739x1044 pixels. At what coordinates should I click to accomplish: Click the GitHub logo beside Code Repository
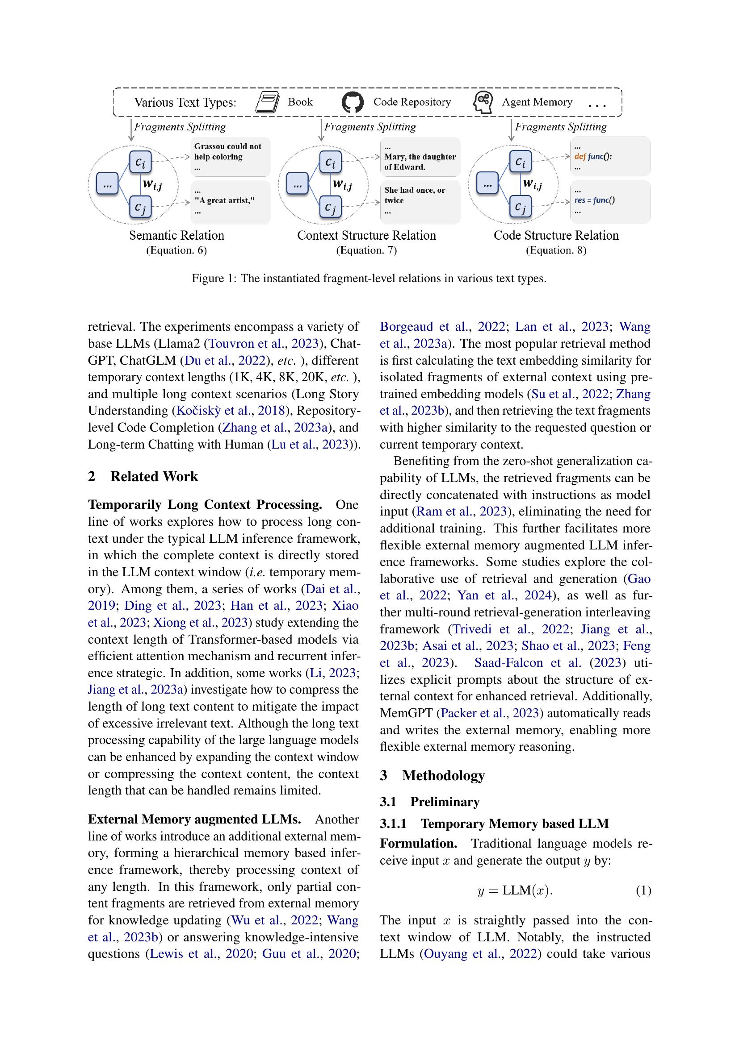click(x=352, y=102)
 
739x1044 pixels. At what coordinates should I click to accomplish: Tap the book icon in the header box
click(x=267, y=102)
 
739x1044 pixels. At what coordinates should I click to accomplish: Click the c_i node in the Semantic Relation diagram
click(x=141, y=162)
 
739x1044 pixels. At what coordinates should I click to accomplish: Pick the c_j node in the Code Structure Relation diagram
click(x=520, y=207)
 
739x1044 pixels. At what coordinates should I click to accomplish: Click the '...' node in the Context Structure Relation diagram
click(x=297, y=184)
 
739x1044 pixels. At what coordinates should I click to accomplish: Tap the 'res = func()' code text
click(x=594, y=200)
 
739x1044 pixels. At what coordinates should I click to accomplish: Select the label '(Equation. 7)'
click(x=366, y=250)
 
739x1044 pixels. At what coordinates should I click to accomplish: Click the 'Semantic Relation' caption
click(x=176, y=235)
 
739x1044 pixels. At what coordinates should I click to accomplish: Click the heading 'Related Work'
click(x=154, y=476)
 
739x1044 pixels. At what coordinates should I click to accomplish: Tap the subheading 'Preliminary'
click(x=444, y=802)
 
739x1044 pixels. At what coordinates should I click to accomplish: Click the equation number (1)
click(x=643, y=890)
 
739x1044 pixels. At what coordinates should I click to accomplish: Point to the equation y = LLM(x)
click(x=515, y=890)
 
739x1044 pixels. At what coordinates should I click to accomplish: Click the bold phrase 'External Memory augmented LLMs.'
click(x=194, y=819)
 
